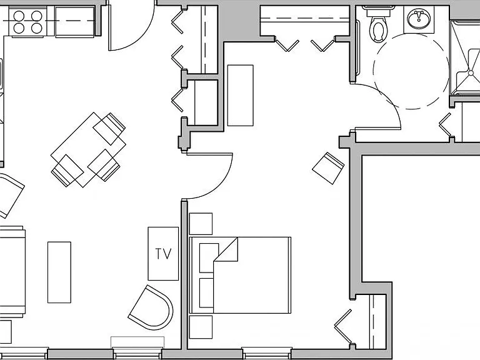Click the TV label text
[x=163, y=254]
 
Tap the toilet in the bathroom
[x=378, y=24]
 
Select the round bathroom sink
[x=419, y=18]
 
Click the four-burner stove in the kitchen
[x=27, y=22]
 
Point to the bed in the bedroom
[x=240, y=275]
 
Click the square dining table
[x=88, y=150]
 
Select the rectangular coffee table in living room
[x=59, y=272]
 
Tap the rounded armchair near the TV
[x=151, y=307]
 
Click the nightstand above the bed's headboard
[x=201, y=224]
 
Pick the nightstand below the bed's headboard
[x=201, y=327]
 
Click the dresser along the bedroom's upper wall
[x=240, y=95]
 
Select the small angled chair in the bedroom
[x=328, y=168]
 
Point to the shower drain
[x=471, y=72]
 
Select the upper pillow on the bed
[x=209, y=257]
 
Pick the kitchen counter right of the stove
[x=75, y=22]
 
